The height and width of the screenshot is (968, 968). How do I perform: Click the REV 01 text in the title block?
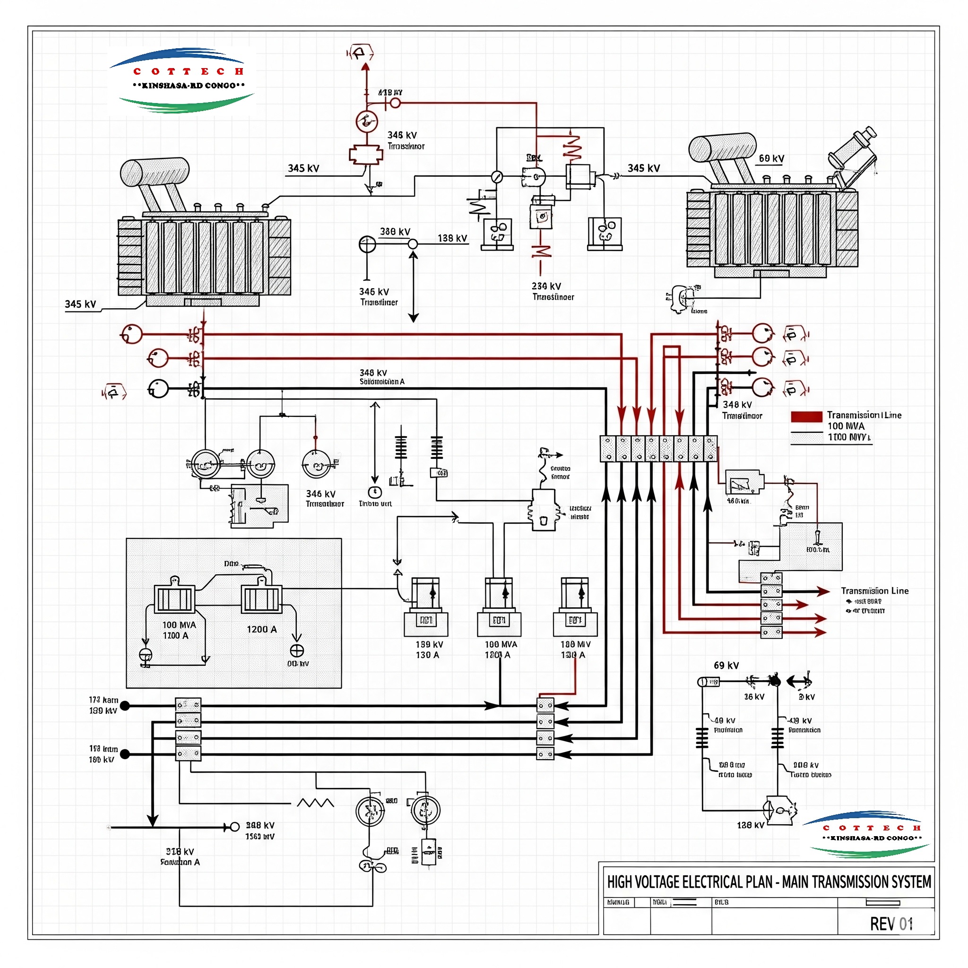(x=891, y=924)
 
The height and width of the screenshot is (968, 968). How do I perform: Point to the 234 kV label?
(x=546, y=286)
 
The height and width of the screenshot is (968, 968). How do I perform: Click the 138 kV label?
(x=452, y=239)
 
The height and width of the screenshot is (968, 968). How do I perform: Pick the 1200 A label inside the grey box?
(x=261, y=629)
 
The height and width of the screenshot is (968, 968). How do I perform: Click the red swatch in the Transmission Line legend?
(x=806, y=416)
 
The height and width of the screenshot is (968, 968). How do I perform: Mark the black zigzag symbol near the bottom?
(x=315, y=803)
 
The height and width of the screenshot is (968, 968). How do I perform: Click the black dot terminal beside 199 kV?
(x=125, y=706)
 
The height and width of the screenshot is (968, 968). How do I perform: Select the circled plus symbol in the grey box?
(x=297, y=651)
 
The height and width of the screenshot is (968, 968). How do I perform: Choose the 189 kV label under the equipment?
(x=429, y=644)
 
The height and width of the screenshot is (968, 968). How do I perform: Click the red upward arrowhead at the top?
(x=366, y=67)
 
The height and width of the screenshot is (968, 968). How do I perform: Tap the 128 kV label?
(x=750, y=825)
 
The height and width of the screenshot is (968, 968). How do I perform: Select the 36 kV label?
(x=753, y=697)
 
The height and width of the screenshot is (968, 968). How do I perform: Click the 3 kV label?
(x=807, y=697)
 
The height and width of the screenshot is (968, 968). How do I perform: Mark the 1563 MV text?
(x=259, y=837)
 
